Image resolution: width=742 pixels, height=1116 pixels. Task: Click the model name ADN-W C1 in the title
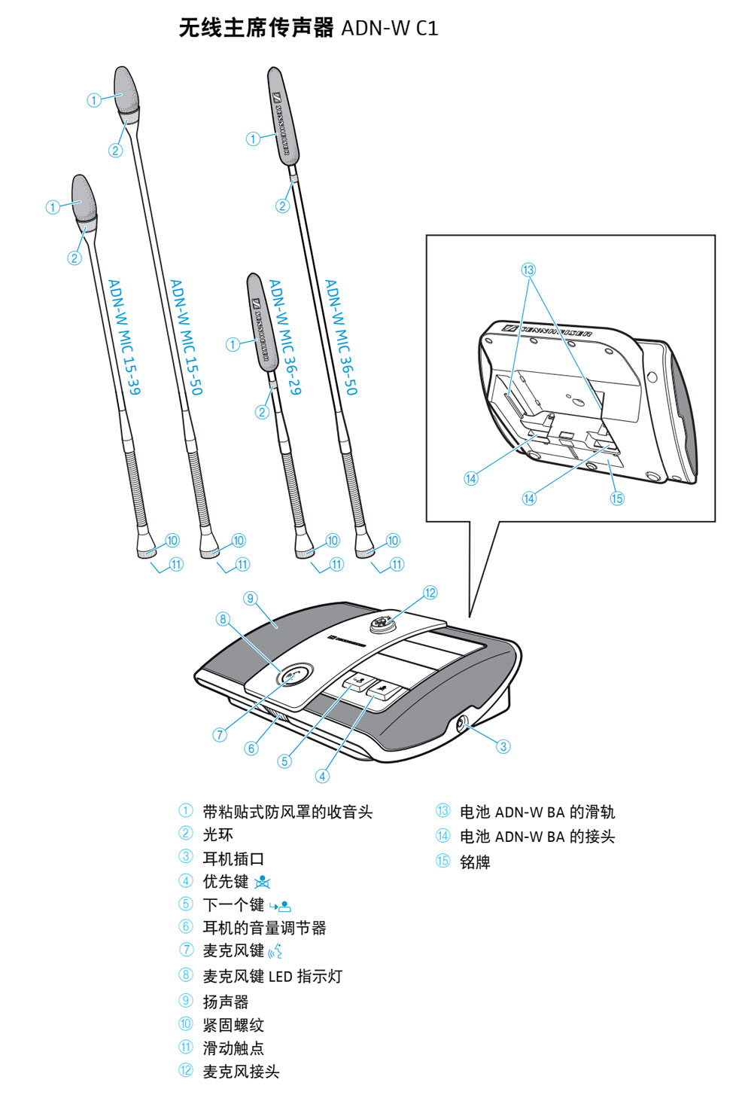389,29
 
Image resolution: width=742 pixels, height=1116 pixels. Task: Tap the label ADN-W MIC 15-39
124,337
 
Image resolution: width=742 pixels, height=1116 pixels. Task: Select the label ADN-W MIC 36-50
341,337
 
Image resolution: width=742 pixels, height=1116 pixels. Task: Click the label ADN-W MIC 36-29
284,337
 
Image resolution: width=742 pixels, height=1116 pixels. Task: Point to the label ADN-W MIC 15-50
186,337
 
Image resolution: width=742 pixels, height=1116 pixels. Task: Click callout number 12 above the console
430,593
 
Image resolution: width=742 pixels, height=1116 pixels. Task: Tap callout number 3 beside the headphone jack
503,746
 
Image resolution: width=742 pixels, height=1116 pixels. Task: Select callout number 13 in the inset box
528,270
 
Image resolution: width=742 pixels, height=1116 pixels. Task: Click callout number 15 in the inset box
617,498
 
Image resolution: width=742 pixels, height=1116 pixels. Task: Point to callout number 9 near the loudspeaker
251,599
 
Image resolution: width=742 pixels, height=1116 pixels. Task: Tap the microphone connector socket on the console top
381,624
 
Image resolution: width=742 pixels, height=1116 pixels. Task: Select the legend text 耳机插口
233,858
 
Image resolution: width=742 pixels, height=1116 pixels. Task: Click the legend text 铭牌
475,862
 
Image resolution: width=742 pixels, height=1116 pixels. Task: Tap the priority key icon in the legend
262,882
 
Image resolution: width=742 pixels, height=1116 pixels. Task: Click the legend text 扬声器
225,1002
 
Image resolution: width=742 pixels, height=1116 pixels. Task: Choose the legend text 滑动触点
233,1048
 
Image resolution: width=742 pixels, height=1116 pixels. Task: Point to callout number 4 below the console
322,776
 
